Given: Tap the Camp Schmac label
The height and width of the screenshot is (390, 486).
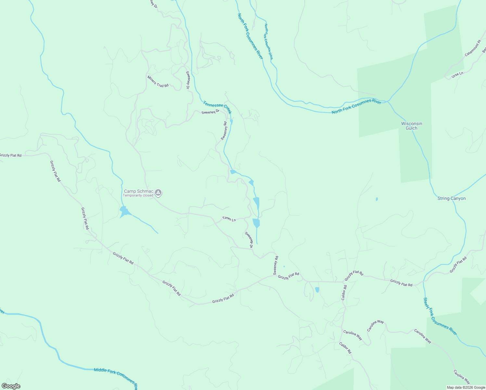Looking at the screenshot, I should pos(138,191).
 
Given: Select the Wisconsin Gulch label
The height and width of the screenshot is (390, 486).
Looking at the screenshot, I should pos(412,126).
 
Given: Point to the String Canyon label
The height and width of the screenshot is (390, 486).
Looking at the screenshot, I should pos(451,198).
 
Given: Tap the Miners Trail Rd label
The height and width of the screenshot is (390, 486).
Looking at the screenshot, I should pos(158,81).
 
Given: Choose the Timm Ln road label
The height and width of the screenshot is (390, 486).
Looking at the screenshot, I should pos(229,219).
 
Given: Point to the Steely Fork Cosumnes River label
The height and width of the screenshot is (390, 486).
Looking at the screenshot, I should pos(440,316).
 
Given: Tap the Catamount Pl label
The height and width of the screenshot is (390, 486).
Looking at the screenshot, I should pos(472,48).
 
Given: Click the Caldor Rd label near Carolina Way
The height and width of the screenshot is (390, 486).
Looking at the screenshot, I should pos(345,348).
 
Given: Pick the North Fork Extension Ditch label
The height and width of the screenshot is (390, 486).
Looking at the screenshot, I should pos(268,42).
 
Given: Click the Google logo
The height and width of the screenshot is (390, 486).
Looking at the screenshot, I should pos(11,386).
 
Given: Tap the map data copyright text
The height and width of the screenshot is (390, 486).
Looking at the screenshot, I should pos(466,387).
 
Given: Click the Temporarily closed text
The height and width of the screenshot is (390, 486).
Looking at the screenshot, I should pos(138,195).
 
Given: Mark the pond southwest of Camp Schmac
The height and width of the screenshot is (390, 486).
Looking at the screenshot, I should pos(124,212).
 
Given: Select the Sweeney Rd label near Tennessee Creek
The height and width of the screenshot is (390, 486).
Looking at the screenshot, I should pos(224,131).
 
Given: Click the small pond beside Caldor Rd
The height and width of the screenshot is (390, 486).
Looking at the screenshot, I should pos(317,289).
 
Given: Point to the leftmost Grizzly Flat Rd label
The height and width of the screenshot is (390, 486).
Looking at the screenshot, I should pos(11,155).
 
